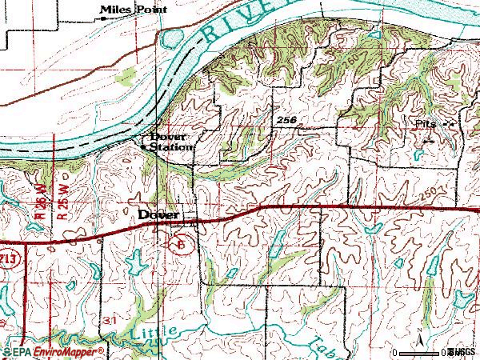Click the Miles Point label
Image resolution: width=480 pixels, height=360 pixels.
tap(134, 10)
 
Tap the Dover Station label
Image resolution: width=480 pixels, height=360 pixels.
tap(171, 142)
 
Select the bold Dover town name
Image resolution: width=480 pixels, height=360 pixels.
tap(161, 215)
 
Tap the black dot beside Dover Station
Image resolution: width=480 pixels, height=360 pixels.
tap(144, 147)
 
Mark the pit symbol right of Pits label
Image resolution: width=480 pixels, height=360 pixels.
tap(449, 125)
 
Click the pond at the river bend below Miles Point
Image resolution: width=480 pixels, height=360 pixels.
tap(171, 39)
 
